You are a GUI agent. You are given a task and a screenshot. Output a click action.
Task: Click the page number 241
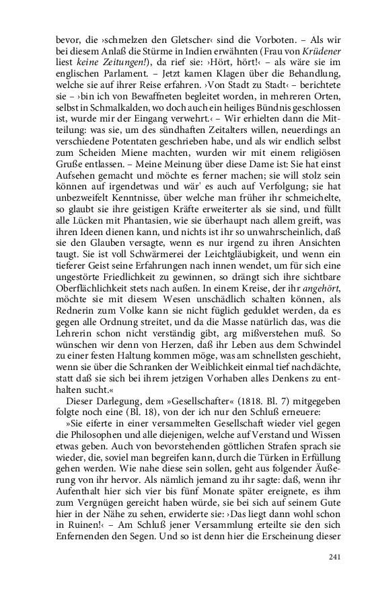(x=336, y=556)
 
